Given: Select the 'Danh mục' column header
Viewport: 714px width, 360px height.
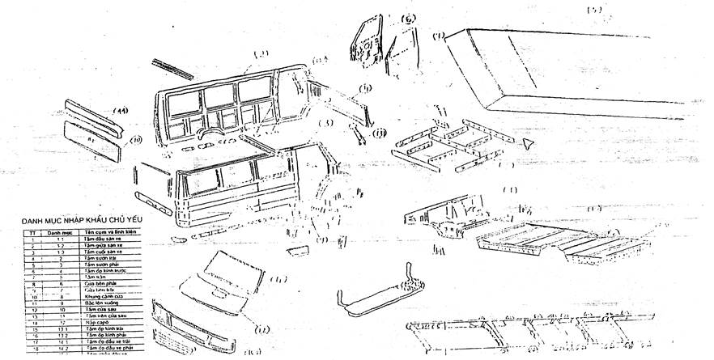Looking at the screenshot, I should click(59, 232).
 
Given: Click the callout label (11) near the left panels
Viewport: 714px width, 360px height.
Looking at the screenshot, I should click(121, 110).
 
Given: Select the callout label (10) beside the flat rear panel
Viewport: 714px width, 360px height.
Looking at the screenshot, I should click(137, 139).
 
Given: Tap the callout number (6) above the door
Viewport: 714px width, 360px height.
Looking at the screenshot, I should click(406, 18).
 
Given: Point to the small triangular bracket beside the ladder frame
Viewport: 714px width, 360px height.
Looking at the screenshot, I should click(528, 142).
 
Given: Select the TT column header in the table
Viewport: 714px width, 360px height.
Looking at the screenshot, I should click(31, 232).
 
